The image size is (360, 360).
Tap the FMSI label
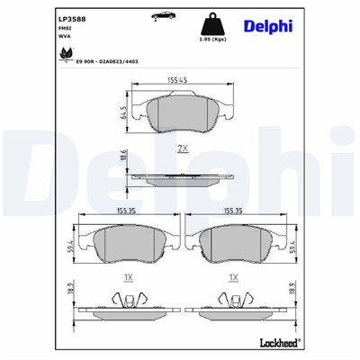pyautogui.click(x=65, y=29)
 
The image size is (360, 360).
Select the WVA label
pyautogui.click(x=65, y=38)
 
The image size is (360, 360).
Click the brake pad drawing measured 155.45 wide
pyautogui.click(x=184, y=112)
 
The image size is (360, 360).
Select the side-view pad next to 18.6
pyautogui.click(x=184, y=176)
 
